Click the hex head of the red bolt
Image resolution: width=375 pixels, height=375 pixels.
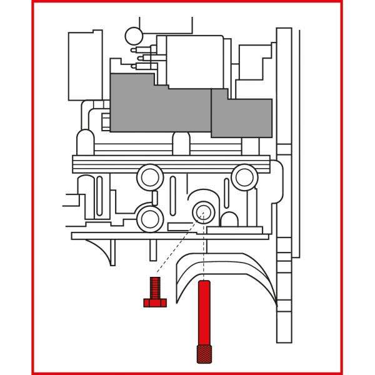[x=155, y=302]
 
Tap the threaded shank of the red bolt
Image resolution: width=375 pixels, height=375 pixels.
[x=155, y=288]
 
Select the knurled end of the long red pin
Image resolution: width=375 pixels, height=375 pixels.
[x=204, y=353]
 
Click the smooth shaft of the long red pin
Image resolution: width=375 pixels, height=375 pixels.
[x=204, y=312]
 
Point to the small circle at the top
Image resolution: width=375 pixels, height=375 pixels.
[x=134, y=36]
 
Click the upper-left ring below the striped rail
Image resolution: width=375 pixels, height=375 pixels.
[x=150, y=176]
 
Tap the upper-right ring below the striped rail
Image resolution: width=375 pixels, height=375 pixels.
[x=244, y=177]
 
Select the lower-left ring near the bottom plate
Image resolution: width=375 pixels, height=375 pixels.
[x=150, y=218]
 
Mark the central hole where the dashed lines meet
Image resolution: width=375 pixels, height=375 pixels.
[x=202, y=212]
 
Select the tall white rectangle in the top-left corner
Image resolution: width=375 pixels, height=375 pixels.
[x=85, y=66]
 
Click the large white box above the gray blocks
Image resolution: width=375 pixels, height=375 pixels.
[x=194, y=61]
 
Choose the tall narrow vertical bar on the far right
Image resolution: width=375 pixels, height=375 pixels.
[x=284, y=187]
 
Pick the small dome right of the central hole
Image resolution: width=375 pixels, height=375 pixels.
[x=229, y=220]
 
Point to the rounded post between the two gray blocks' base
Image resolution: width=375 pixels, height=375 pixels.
[x=181, y=143]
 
